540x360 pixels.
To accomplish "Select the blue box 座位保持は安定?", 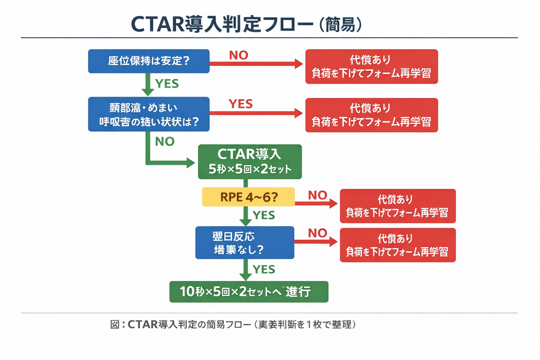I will click(x=149, y=61).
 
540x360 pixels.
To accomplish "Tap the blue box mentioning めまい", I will click(x=149, y=114).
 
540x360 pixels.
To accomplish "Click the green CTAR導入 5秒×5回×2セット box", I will click(x=250, y=162).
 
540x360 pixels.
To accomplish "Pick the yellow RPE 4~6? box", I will click(x=248, y=197).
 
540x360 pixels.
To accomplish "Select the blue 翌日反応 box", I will click(x=245, y=243).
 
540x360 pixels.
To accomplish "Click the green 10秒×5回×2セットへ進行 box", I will click(x=249, y=291).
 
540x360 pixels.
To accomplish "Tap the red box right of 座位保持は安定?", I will click(x=371, y=66).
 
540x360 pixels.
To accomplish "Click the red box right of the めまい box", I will click(x=371, y=115).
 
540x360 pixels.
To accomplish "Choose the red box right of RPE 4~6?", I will click(x=397, y=206).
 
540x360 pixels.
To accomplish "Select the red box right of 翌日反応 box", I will click(x=397, y=245).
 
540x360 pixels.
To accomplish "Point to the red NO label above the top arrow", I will click(x=239, y=55).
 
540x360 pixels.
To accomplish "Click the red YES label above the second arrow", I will click(x=240, y=104).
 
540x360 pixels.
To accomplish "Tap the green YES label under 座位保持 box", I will click(x=167, y=84).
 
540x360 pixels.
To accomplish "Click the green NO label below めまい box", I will click(x=165, y=141).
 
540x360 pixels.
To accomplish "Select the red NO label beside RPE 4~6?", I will click(x=317, y=195).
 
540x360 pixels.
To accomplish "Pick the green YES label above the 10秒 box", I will click(x=264, y=269).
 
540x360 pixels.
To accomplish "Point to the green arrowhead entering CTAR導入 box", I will click(x=191, y=163).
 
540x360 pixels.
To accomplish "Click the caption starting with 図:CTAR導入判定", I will click(x=233, y=324).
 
